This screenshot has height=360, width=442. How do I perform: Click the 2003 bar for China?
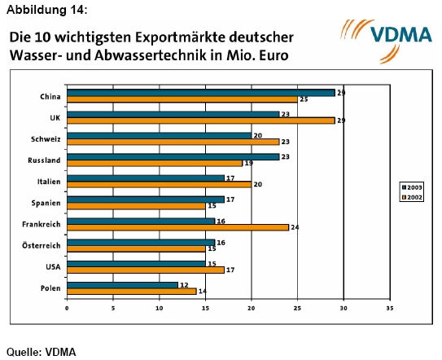coord(200,93)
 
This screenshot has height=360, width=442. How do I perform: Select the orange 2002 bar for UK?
coord(200,120)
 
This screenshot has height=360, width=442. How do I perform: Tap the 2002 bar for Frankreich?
coord(177,226)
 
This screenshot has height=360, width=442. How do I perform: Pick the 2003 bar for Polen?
coord(122,284)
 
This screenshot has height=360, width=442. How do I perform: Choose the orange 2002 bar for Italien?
coord(159,184)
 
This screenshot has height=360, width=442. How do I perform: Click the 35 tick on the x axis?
coord(390,308)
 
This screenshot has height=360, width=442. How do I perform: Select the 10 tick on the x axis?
coord(159,308)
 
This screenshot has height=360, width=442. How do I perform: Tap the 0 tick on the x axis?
coord(67,308)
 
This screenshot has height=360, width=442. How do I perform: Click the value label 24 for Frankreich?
coord(295,227)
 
